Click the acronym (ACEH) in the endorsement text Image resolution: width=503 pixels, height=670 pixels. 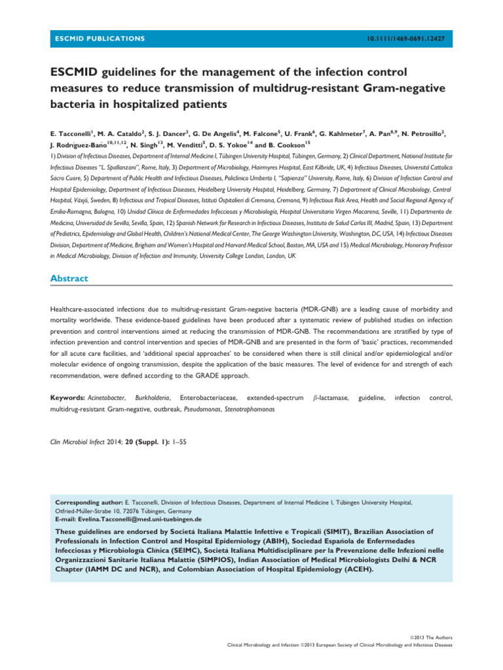[354, 569]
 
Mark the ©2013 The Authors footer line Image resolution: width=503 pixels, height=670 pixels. [432, 637]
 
